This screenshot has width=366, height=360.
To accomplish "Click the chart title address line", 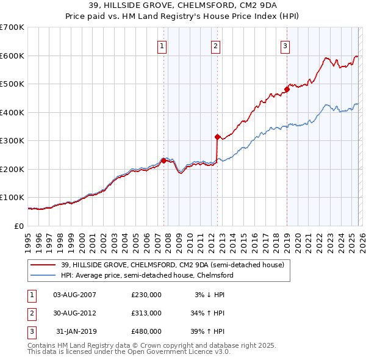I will pos(182,6).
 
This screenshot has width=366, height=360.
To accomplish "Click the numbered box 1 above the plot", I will pos(162,45).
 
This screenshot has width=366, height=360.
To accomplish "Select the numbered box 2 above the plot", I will pos(216,45).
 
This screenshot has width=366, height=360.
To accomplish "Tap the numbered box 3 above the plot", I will pos(285,45).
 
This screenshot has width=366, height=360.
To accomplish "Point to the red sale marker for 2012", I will pos(217,137).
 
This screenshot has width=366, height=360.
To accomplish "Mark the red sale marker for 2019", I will pos(287,90).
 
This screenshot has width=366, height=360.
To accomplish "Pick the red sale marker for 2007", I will pos(163,160).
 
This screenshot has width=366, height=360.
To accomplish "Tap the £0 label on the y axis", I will pos(18,226).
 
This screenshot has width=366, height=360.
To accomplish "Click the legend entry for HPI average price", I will pos(147,275).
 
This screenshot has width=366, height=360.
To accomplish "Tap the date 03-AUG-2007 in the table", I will pos(75,295).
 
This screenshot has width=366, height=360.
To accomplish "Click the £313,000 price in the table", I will pos(146,313).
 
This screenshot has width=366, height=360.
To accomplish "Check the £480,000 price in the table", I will pos(146,331).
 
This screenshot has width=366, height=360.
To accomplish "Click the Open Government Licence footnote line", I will pos(129,352).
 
